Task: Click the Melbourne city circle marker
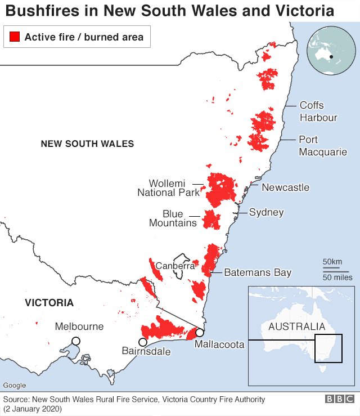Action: (75, 341)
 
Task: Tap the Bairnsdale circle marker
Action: (143, 342)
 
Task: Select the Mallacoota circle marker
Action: (199, 332)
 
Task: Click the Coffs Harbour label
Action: (318, 111)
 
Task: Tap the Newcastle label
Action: (285, 187)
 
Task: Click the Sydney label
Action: (266, 212)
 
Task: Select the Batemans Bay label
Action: (258, 272)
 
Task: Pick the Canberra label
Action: (175, 265)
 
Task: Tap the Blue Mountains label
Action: (173, 218)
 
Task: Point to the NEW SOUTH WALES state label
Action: (87, 144)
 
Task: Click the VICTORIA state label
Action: (49, 303)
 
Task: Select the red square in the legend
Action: (15, 37)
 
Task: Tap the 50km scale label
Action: (332, 262)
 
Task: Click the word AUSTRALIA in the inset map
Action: (296, 326)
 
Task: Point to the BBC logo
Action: (339, 399)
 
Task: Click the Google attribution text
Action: (15, 386)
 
